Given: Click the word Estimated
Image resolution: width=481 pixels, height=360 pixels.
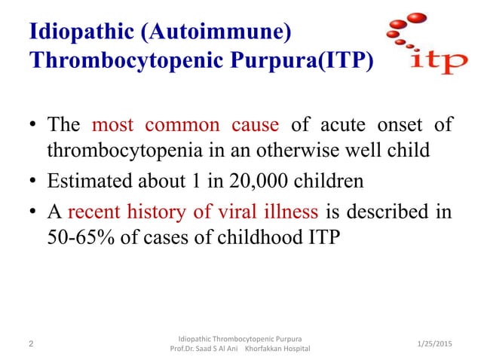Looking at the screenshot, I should tap(87, 180).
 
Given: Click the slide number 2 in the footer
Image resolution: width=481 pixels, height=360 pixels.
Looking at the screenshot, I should tap(31, 344).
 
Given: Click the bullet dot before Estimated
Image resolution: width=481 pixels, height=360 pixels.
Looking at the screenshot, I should tap(33, 181).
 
